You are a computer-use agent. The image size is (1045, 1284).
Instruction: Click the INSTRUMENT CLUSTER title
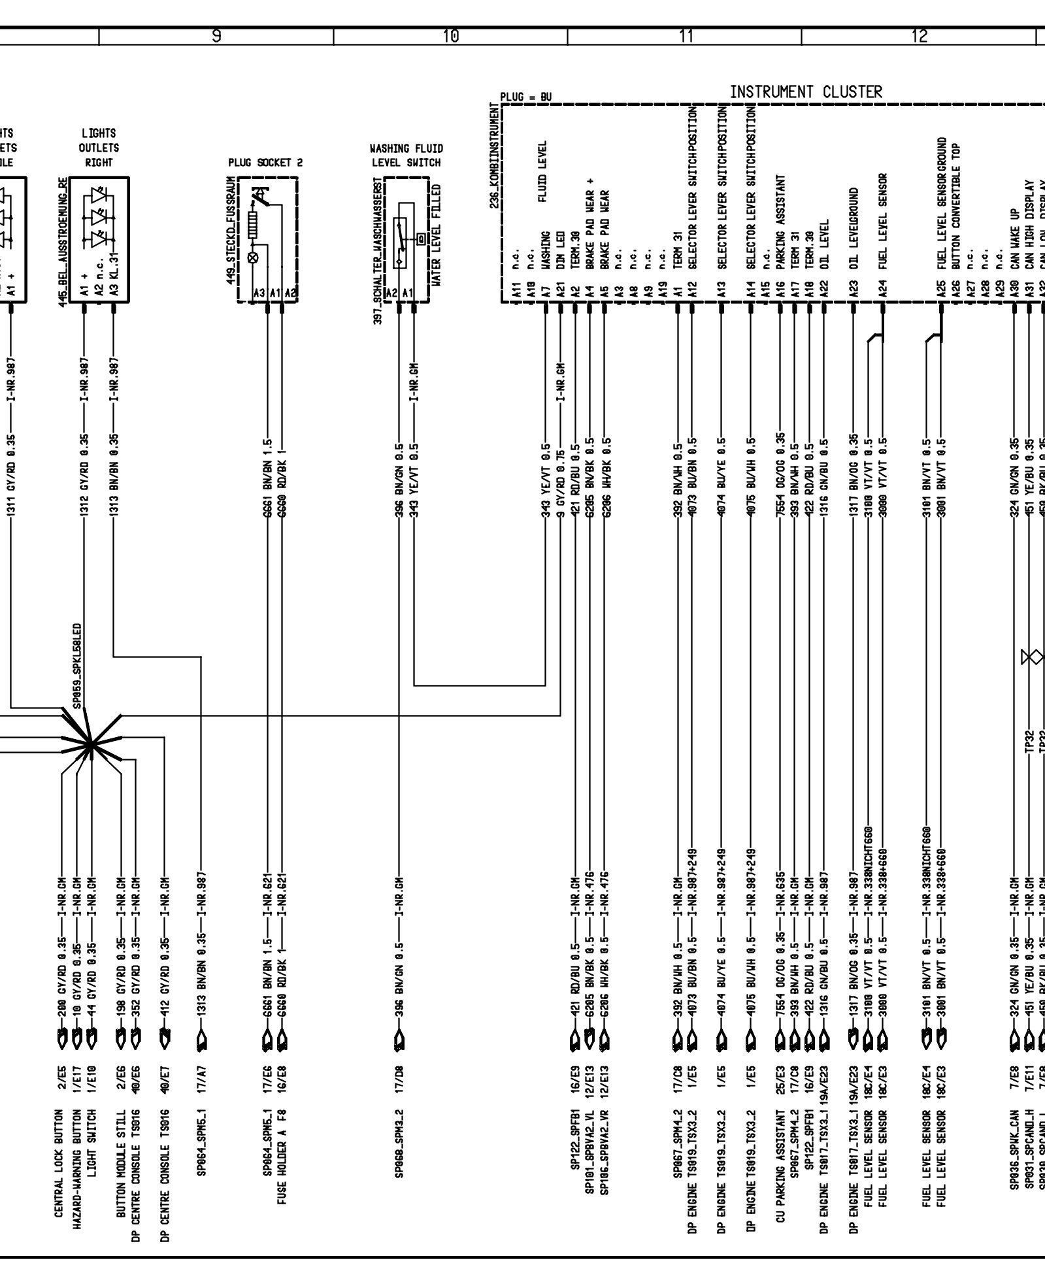tap(805, 92)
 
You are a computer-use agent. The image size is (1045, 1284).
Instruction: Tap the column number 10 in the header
tap(450, 37)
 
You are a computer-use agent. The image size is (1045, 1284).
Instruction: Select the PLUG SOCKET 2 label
tap(265, 163)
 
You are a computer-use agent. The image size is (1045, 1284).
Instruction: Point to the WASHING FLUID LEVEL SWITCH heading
tap(406, 156)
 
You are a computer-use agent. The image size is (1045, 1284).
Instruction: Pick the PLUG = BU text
tap(526, 97)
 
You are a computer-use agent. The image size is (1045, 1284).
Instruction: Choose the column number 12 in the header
tap(919, 37)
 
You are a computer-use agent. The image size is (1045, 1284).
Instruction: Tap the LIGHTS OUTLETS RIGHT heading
tap(99, 148)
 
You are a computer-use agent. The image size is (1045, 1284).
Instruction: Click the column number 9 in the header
tap(216, 37)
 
